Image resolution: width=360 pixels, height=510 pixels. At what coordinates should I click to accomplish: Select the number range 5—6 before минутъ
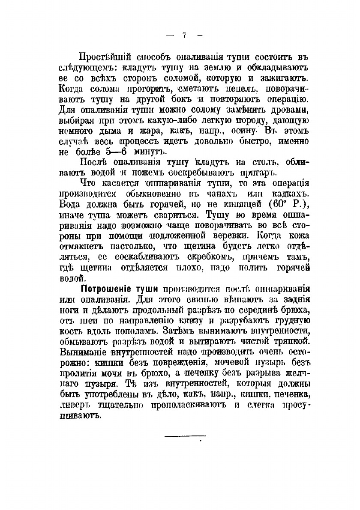[x=103, y=152]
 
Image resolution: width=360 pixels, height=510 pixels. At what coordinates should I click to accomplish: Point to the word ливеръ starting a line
[x=73, y=403]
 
